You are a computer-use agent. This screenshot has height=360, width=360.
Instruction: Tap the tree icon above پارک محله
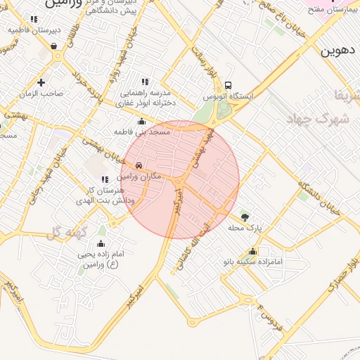[x=245, y=217]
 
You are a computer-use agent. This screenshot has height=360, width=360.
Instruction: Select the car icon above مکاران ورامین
[x=139, y=166]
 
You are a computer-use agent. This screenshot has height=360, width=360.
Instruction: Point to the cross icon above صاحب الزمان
[x=41, y=82]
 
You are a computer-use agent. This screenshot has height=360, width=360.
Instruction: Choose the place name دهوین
[x=339, y=51]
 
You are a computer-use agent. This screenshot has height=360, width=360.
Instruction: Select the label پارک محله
[x=245, y=228]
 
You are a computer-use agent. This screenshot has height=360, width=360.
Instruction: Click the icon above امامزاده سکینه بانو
[x=252, y=252]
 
